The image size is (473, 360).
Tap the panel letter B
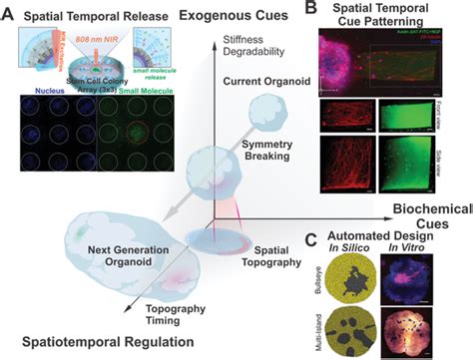click(312, 9)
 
